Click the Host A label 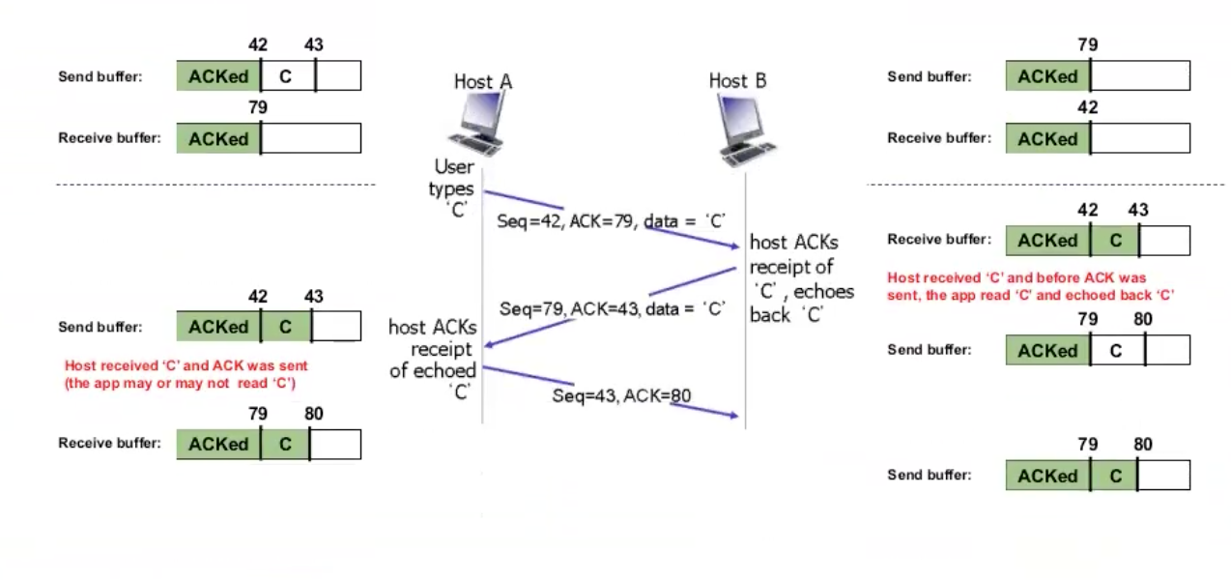[482, 81]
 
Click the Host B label [737, 81]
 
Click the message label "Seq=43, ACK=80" [621, 395]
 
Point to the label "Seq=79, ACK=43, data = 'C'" [613, 309]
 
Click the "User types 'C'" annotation [452, 188]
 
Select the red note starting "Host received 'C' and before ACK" [1030, 286]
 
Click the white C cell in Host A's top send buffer [287, 75]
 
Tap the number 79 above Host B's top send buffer [1088, 44]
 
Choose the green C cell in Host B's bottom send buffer [1115, 476]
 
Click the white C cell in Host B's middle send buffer [1116, 351]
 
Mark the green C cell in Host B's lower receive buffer [1115, 241]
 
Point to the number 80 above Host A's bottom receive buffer [313, 415]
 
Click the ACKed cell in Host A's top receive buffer [218, 138]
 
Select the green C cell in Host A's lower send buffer [285, 327]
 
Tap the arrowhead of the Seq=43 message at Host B [735, 416]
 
